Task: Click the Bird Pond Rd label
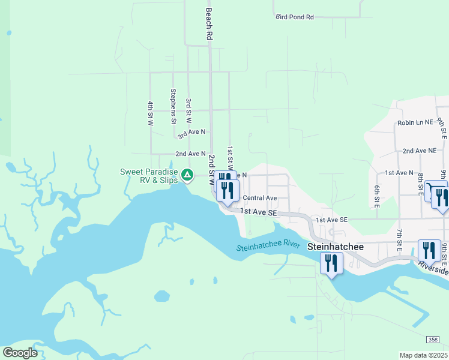pos(295,17)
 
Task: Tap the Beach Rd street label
pos(209,24)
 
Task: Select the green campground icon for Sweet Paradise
pos(187,175)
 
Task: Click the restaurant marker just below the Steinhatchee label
pos(331,263)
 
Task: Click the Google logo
pos(20,353)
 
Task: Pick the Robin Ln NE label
pos(415,122)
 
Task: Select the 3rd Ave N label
pos(191,131)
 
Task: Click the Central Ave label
pos(259,198)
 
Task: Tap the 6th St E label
pos(377,196)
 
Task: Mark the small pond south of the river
pos(162,296)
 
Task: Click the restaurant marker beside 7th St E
pos(427,249)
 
